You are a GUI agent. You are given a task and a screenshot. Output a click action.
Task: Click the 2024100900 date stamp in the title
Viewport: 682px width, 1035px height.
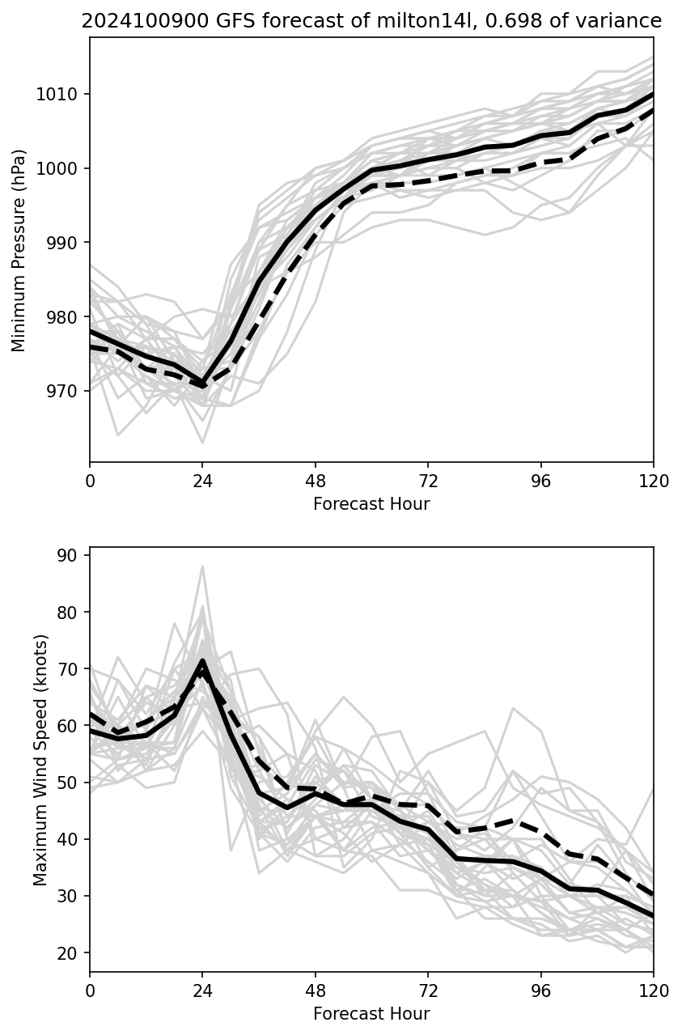point(129,22)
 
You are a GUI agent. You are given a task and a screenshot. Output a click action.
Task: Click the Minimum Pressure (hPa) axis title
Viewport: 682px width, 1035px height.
point(19,250)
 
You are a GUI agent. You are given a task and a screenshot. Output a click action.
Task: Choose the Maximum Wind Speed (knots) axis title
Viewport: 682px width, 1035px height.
point(40,759)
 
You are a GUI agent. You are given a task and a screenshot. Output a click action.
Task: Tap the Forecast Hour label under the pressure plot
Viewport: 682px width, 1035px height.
point(371,504)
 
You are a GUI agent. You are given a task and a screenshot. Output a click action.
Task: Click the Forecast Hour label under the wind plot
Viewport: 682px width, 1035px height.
point(371,1014)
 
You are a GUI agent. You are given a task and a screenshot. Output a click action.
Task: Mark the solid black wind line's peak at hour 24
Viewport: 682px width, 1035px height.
point(202,660)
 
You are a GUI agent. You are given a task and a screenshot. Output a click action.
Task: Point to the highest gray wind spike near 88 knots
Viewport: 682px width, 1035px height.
point(202,566)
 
